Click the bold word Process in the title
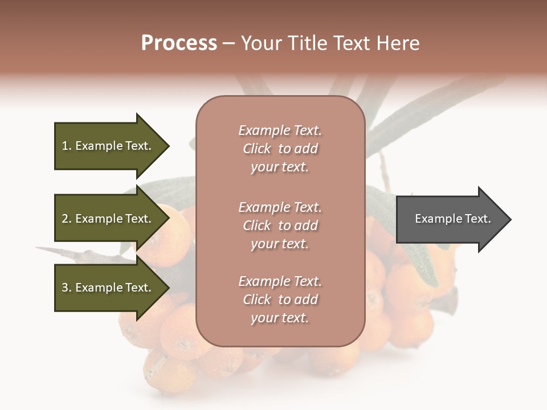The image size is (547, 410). tap(179, 43)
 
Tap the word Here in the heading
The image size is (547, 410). tap(398, 43)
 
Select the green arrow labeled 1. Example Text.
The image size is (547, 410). tap(108, 146)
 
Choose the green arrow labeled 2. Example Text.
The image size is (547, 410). tap(108, 219)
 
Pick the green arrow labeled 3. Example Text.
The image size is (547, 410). tap(108, 288)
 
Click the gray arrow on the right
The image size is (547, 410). tap(450, 219)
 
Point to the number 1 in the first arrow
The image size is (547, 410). tap(65, 146)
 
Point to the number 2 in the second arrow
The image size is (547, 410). tap(65, 219)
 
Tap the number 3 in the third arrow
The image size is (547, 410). tap(65, 288)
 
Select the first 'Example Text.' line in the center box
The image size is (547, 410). tap(280, 130)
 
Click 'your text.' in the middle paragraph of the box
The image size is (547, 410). tap(280, 244)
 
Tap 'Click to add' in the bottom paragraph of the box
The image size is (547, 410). tap(280, 300)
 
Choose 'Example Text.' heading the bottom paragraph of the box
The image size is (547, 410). tap(280, 281)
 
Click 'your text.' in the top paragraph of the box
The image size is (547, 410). tap(280, 167)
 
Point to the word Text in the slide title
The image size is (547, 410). tap(351, 43)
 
